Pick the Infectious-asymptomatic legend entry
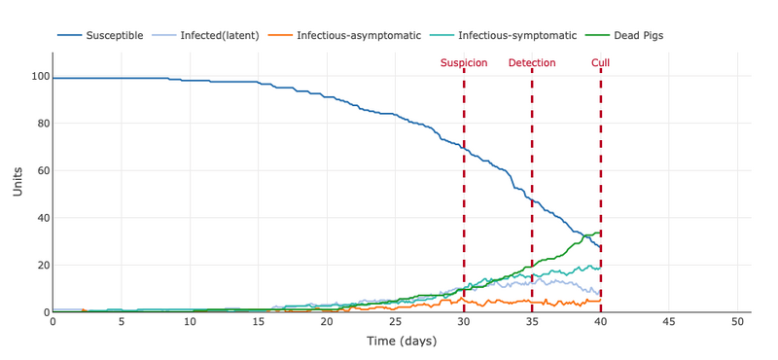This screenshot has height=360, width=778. (x=356, y=36)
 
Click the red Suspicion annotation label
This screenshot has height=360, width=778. (x=464, y=63)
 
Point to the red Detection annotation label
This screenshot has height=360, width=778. (x=532, y=63)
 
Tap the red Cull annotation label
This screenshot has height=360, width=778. (x=601, y=63)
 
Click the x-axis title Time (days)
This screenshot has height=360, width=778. (x=401, y=342)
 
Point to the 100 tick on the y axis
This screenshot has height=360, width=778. (x=40, y=76)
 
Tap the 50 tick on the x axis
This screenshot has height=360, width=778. (x=737, y=322)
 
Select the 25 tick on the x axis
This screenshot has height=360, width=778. (x=395, y=322)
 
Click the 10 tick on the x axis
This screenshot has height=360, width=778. (x=190, y=322)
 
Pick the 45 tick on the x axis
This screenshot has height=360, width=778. (x=669, y=322)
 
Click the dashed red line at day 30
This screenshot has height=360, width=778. (x=464, y=195)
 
